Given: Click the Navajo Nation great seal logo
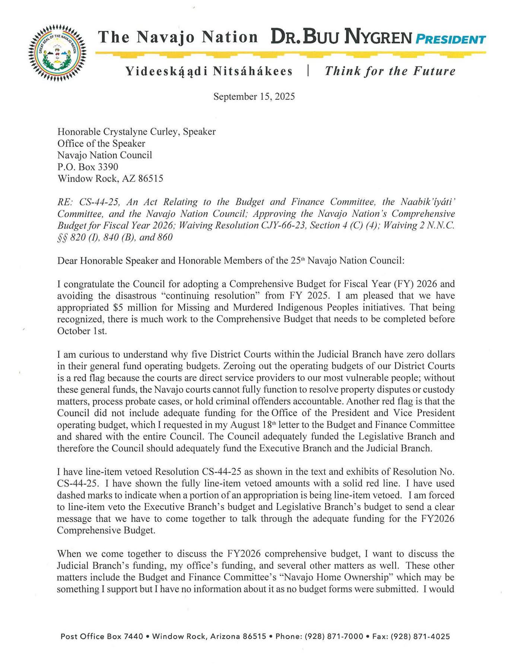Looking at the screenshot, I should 57,52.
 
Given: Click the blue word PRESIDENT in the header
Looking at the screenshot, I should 450,39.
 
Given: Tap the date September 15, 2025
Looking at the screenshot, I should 254,97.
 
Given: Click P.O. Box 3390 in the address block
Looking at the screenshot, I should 88,167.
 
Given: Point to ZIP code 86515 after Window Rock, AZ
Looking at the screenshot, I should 150,179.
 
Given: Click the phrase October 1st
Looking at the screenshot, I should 82,331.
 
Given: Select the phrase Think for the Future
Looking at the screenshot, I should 390,71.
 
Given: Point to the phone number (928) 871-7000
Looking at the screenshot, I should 334,636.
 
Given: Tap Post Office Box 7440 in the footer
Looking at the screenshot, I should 102,636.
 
